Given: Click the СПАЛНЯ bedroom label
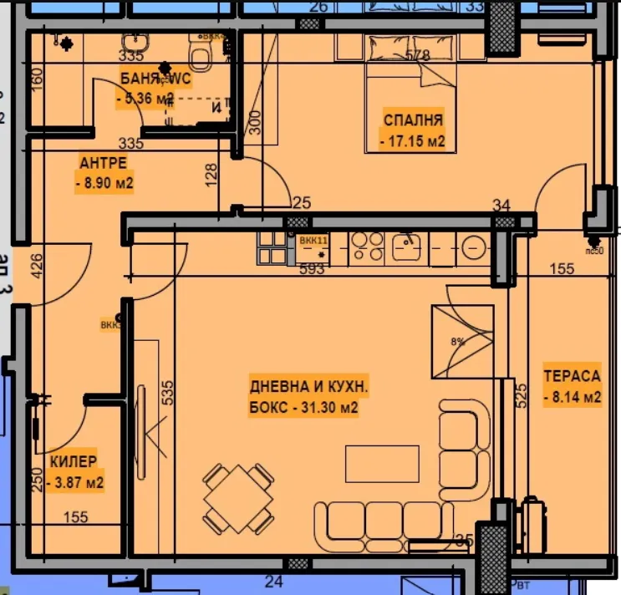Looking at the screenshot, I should (413, 120).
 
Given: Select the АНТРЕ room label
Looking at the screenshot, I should (103, 161).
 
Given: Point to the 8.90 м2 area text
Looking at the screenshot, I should (104, 182).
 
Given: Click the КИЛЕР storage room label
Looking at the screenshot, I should (74, 461).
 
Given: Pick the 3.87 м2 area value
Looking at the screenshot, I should (76, 482).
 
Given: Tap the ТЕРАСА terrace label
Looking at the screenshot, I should (572, 376).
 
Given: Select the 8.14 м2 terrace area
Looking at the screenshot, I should (572, 398).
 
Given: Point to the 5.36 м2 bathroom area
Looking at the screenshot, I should (145, 99).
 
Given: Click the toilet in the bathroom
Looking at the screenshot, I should (200, 57).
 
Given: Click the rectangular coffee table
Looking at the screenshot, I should (382, 464).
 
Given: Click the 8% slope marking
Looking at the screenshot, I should (456, 341).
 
